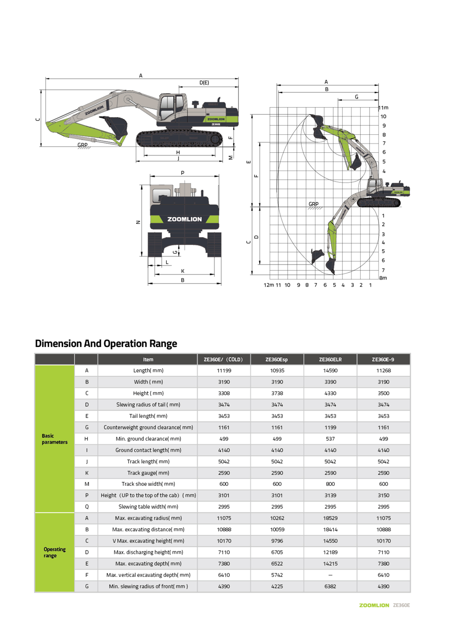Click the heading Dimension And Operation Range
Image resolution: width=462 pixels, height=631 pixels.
pos(106,343)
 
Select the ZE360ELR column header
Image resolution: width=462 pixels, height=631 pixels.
pos(330,359)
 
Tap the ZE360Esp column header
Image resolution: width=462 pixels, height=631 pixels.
pos(277,359)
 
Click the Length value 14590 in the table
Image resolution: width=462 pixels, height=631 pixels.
pos(330,370)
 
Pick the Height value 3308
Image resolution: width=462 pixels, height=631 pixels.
pos(224,393)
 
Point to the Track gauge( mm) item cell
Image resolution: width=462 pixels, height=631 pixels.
pos(148,473)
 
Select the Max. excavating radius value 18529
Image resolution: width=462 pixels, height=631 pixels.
pos(330,518)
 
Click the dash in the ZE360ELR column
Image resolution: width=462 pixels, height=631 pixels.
pos(330,575)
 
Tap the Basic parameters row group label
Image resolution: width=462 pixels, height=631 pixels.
pos(55,439)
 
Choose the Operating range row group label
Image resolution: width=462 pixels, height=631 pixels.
pos(55,552)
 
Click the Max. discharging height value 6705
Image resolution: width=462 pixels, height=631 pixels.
pos(277,552)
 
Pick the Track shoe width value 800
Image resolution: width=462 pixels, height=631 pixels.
pos(330,484)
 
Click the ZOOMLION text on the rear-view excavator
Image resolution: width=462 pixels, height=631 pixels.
pos(184,219)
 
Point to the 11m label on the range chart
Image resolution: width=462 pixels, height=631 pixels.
pos(384,108)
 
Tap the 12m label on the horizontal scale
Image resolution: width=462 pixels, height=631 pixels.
pos(269,285)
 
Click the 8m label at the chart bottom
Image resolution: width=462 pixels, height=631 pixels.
pos(383,278)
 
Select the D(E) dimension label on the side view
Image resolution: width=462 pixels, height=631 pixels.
pos(204,82)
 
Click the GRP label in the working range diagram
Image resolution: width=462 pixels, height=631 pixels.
pos(313,204)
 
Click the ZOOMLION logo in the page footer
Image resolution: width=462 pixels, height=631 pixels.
pos(374,605)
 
